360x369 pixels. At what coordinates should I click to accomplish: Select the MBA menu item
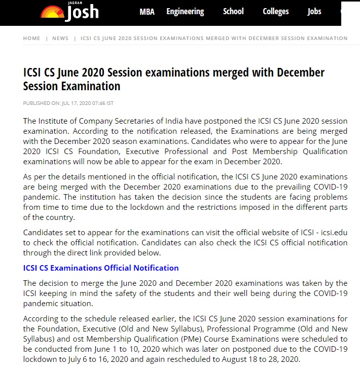(x=147, y=12)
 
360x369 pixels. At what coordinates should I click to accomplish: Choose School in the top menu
(x=233, y=12)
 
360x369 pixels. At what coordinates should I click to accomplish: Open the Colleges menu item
(x=276, y=12)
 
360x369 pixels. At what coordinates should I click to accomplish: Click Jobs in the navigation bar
(x=314, y=12)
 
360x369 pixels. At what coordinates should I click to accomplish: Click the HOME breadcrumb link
(x=31, y=39)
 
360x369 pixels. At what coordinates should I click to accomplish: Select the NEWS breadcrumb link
(x=60, y=39)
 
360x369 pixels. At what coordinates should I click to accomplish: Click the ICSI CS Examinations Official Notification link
(x=101, y=268)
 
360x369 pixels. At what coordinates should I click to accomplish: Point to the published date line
(x=68, y=103)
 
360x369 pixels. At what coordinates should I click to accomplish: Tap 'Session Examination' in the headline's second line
(x=71, y=86)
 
